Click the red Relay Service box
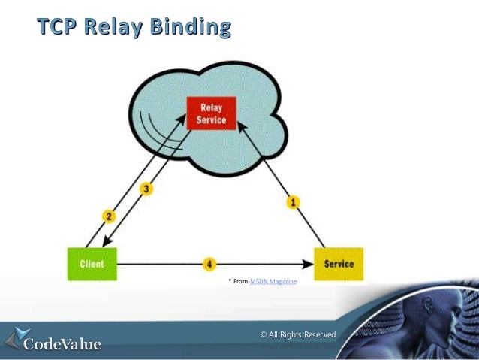[206, 114]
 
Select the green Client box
[92, 264]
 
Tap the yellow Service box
[339, 264]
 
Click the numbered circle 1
[294, 201]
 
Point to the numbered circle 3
[147, 189]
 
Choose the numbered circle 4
[210, 265]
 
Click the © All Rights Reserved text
[297, 334]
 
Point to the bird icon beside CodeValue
[18, 338]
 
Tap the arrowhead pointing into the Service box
[308, 265]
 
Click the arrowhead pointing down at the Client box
[104, 241]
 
